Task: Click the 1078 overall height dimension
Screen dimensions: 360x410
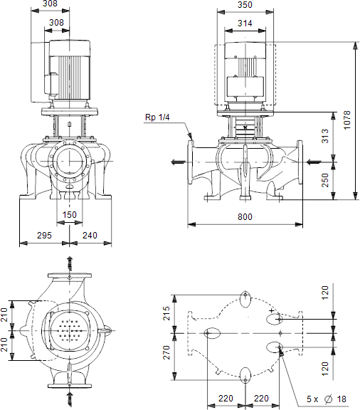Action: pyautogui.click(x=347, y=120)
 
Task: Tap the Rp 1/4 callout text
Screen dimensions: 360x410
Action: pyautogui.click(x=157, y=117)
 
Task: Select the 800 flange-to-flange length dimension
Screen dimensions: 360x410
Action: pyautogui.click(x=245, y=217)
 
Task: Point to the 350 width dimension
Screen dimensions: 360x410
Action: pyautogui.click(x=245, y=5)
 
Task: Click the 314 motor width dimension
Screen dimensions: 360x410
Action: pyautogui.click(x=245, y=23)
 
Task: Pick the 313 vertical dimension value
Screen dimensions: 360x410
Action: pyautogui.click(x=325, y=136)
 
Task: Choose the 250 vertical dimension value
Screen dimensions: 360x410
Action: pyautogui.click(x=325, y=180)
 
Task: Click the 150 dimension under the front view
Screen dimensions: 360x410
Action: pyautogui.click(x=70, y=215)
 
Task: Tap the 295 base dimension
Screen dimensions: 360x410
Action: pyautogui.click(x=44, y=235)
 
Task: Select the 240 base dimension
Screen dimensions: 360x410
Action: pyautogui.click(x=90, y=235)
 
